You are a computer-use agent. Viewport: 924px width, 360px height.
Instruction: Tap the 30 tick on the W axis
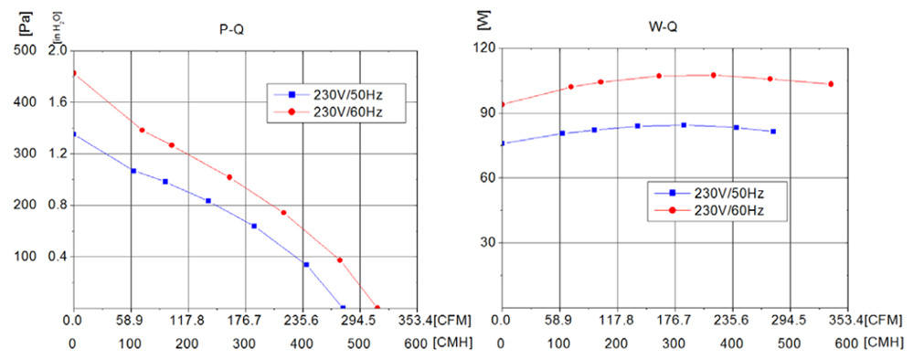tap(485, 243)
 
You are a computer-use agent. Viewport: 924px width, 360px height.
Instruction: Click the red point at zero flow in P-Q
tap(73, 73)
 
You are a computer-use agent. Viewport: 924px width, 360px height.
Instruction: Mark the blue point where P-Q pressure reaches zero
tap(343, 308)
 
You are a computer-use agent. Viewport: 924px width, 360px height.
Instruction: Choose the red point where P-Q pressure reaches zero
tap(377, 308)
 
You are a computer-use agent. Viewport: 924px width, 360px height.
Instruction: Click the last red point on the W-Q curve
tap(831, 84)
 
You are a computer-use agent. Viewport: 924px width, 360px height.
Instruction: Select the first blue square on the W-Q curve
tap(502, 143)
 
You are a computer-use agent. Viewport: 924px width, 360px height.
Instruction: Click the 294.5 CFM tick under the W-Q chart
tap(789, 321)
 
